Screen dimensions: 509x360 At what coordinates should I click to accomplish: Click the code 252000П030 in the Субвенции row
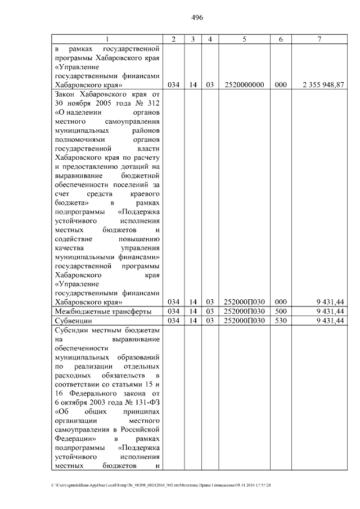pyautogui.click(x=244, y=321)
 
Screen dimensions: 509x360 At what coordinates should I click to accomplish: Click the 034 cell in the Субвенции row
pyautogui.click(x=173, y=321)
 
